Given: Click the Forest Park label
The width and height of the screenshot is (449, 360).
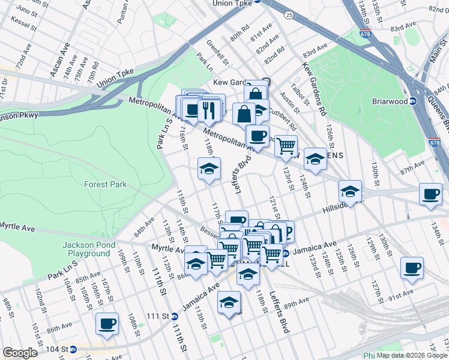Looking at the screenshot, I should coord(105,184).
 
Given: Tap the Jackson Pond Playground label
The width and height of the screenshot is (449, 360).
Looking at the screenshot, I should coord(85,249).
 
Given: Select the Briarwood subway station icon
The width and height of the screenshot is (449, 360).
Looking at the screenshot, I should coord(413,101).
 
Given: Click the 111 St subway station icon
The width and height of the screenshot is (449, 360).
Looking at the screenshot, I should coord(173,316).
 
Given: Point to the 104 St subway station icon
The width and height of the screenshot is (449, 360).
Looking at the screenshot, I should coord(73,349).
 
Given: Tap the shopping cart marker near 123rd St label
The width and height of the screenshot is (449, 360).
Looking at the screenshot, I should coord(286,145).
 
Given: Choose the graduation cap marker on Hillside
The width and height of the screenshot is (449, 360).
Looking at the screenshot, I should coord(350,191).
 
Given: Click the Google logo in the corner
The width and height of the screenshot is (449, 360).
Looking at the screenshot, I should coord(20,352).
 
